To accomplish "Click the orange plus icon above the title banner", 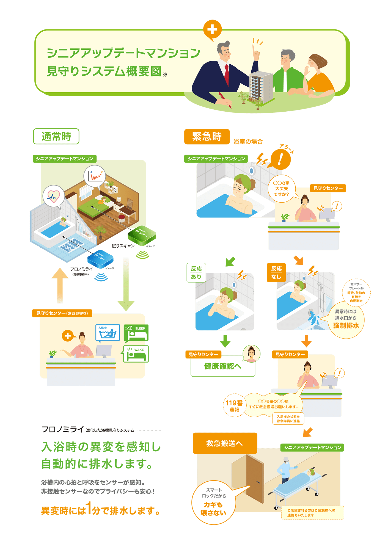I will pos(212,29).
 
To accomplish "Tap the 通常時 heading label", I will pos(56,136).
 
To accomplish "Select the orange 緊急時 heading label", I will pos(207,137).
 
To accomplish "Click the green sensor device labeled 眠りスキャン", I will pos(142,235).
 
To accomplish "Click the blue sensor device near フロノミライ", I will pos(100,259).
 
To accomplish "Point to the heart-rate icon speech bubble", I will pos(53,196).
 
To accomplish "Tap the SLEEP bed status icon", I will pos(136,333).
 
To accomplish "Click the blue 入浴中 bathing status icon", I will pos(108,333).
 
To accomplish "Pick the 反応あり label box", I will pos(196,273).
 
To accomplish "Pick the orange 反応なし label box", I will pos(276,273).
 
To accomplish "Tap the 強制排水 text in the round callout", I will pos(346,326).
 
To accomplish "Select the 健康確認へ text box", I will pos(223,366).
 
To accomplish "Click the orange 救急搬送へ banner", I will pos(225,443).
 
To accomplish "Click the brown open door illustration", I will pos(254,478).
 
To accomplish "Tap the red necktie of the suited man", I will pos(227,74).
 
